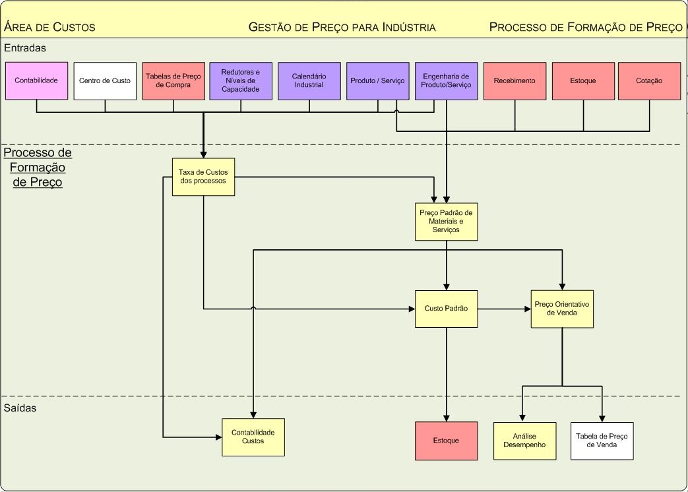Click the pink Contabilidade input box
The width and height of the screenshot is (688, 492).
pyautogui.click(x=37, y=81)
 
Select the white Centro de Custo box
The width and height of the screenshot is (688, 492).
pyautogui.click(x=105, y=81)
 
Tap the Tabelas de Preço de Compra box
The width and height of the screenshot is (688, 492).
pyautogui.click(x=173, y=81)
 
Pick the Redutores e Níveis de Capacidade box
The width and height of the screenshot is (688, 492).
pyautogui.click(x=241, y=81)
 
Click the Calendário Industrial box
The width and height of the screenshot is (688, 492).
pyautogui.click(x=309, y=81)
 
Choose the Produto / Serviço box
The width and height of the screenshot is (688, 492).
pyautogui.click(x=378, y=81)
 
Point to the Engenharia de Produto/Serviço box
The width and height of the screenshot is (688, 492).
pyautogui.click(x=447, y=81)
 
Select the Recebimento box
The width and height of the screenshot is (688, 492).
pyautogui.click(x=515, y=81)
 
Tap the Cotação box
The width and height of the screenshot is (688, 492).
pyautogui.click(x=650, y=81)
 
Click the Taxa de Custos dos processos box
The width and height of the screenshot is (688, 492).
pyautogui.click(x=203, y=177)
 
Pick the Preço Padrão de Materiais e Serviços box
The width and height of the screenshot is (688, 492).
pyautogui.click(x=447, y=222)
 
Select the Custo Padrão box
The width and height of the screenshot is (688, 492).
pyautogui.click(x=447, y=309)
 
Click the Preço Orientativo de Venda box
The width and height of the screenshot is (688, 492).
pyautogui.click(x=562, y=309)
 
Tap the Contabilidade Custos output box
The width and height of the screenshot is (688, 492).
pyautogui.click(x=253, y=437)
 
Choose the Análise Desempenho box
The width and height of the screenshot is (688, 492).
pyautogui.click(x=523, y=441)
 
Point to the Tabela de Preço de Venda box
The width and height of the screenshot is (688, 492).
pyautogui.click(x=602, y=441)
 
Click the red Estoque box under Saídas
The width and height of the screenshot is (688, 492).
pyautogui.click(x=447, y=441)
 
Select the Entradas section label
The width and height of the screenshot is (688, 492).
pyautogui.click(x=25, y=48)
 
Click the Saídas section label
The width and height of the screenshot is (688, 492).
pyautogui.click(x=20, y=408)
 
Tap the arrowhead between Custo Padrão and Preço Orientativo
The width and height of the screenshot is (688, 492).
pyautogui.click(x=527, y=309)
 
